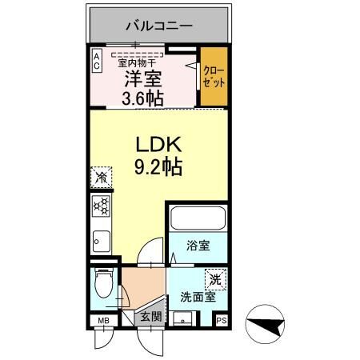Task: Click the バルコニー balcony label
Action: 158,26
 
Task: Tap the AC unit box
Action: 96,62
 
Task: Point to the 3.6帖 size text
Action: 143,99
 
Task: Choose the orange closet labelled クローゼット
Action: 213,78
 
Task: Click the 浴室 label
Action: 198,246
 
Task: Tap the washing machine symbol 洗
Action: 214,280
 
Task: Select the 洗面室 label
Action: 198,296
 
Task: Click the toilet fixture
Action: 102,285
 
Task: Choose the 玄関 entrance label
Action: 151,317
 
